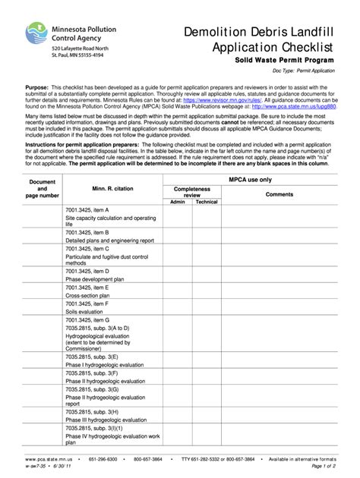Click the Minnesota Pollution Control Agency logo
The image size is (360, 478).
coord(37,35)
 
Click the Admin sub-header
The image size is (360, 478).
coord(178,203)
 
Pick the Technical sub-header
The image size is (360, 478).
coord(206,203)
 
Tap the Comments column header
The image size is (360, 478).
coord(279,194)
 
